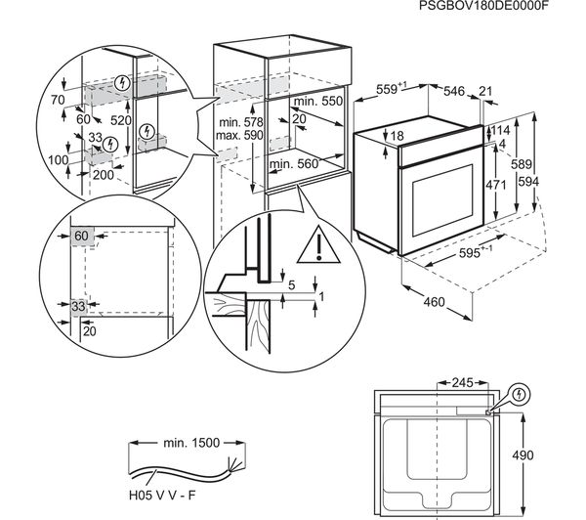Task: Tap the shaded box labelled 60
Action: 80,237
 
